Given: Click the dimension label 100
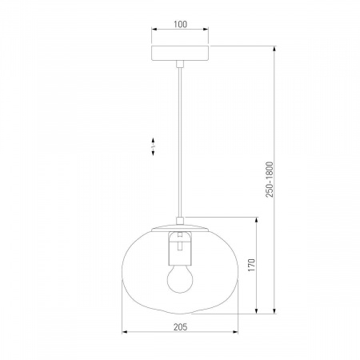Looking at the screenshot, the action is click(180, 24).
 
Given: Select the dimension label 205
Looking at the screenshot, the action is click(181, 326).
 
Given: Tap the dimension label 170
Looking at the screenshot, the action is click(251, 265).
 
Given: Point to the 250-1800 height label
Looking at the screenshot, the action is click(270, 179).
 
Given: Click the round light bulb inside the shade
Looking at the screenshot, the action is click(180, 279).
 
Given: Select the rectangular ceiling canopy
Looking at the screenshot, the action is click(180, 53).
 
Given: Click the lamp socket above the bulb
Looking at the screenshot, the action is click(180, 249).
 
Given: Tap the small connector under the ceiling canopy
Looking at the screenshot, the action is click(180, 64).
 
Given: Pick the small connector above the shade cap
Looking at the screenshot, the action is click(180, 221).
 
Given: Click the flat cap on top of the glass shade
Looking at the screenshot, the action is click(180, 229).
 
